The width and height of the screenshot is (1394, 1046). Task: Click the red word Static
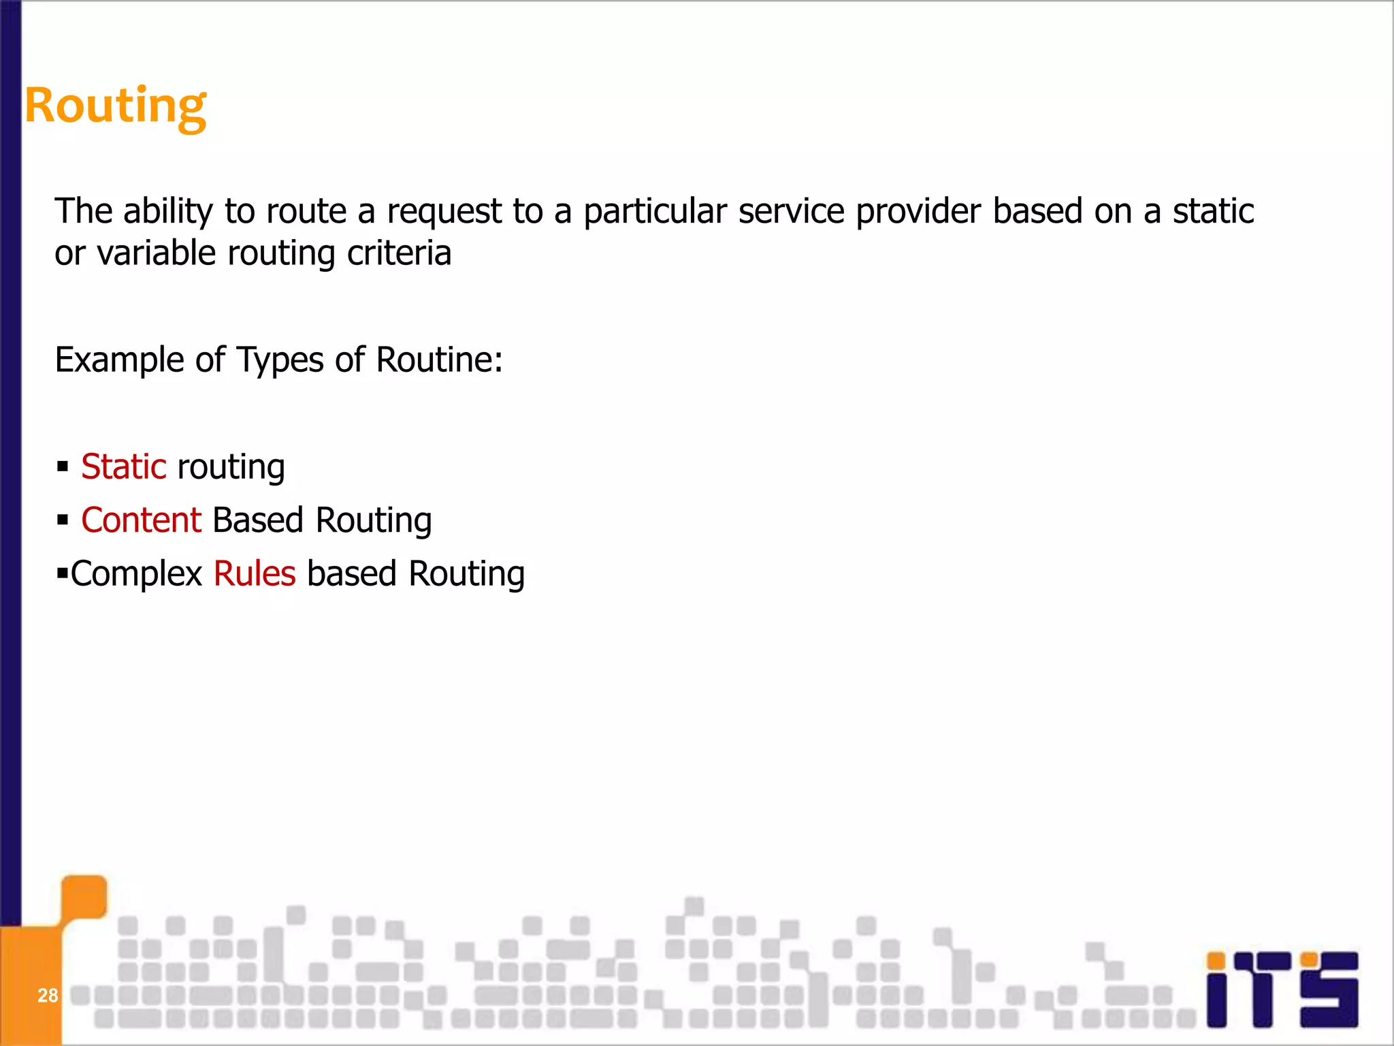123,467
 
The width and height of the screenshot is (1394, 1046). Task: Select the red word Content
141,520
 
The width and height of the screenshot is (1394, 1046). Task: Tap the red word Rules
255,573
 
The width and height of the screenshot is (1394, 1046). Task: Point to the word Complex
136,574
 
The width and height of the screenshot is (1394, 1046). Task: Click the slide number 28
48,996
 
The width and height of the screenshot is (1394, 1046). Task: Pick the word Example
119,360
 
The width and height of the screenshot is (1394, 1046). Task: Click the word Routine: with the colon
439,360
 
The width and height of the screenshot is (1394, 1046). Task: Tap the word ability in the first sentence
168,211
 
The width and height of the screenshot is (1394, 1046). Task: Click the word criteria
399,253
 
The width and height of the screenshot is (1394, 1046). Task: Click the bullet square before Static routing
63,467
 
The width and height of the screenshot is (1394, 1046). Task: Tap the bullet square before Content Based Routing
63,520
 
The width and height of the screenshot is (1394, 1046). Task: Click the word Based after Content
258,520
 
